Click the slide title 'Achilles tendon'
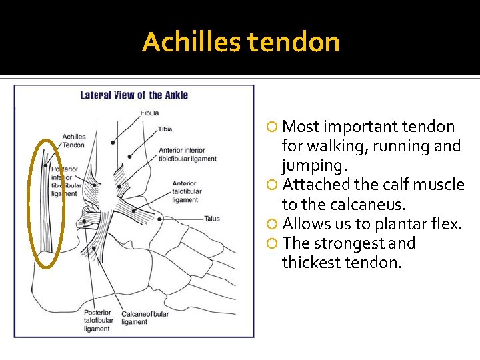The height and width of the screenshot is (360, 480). (241, 43)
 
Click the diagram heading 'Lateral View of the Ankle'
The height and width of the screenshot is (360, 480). (134, 95)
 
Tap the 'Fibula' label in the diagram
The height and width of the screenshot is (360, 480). (150, 113)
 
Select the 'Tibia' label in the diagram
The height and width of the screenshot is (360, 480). (165, 129)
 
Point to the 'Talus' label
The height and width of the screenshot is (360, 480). (212, 219)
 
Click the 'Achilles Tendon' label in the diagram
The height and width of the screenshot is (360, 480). (73, 141)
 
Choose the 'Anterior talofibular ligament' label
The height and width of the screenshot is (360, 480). (185, 191)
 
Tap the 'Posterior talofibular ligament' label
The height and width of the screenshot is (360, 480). (99, 321)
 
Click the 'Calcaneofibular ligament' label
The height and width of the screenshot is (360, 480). (145, 317)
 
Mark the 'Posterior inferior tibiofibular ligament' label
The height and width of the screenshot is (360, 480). (65, 181)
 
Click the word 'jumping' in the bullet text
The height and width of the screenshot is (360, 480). (307, 165)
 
